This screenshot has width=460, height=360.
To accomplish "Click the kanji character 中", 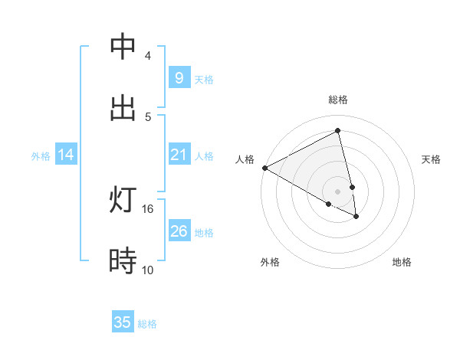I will pyautogui.click(x=123, y=47).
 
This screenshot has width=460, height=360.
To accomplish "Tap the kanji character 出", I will pyautogui.click(x=123, y=108).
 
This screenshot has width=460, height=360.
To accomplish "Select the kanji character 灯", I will pyautogui.click(x=123, y=200).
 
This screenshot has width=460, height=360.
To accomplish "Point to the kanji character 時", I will pyautogui.click(x=123, y=261).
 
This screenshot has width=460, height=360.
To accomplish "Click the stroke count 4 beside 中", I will pyautogui.click(x=147, y=56).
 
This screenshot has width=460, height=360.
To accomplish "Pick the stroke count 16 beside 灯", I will pyautogui.click(x=148, y=208).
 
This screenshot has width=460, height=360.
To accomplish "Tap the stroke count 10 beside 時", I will pyautogui.click(x=148, y=270).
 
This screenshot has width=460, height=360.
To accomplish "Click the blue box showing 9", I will pyautogui.click(x=179, y=78).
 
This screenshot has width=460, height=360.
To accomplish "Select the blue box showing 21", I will pyautogui.click(x=179, y=155).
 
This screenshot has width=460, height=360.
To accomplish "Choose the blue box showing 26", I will pyautogui.click(x=179, y=231).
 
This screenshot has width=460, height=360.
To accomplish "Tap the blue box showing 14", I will pyautogui.click(x=66, y=155).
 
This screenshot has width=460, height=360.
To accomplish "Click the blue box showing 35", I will pyautogui.click(x=123, y=322).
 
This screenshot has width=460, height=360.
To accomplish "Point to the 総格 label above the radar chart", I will pyautogui.click(x=338, y=100).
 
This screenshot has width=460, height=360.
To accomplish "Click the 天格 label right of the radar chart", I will pyautogui.click(x=431, y=159).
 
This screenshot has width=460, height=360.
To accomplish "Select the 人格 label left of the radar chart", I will pyautogui.click(x=245, y=159).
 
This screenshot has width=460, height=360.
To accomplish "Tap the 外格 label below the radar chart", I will pyautogui.click(x=270, y=262).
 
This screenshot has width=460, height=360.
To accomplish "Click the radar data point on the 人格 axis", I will pyautogui.click(x=264, y=168).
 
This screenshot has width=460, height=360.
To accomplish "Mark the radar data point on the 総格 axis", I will pyautogui.click(x=338, y=131).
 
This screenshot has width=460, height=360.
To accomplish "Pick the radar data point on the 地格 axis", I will pyautogui.click(x=356, y=217).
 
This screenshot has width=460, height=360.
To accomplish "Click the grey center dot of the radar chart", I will pyautogui.click(x=338, y=191).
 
